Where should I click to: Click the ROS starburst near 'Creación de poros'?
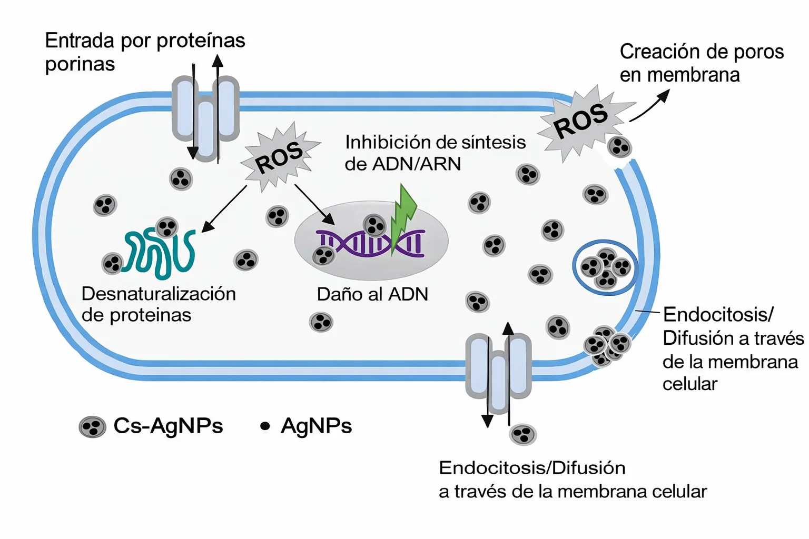(582, 121)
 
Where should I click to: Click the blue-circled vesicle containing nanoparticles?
(605, 267)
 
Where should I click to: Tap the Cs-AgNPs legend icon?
(93, 426)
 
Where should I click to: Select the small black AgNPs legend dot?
(265, 426)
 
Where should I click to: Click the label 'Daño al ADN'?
(372, 294)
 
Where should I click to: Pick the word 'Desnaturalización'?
(159, 294)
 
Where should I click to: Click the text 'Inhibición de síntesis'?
(435, 142)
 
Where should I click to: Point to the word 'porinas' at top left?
(80, 64)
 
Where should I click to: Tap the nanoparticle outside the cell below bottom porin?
(523, 435)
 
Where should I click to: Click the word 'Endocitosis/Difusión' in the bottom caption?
(532, 468)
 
